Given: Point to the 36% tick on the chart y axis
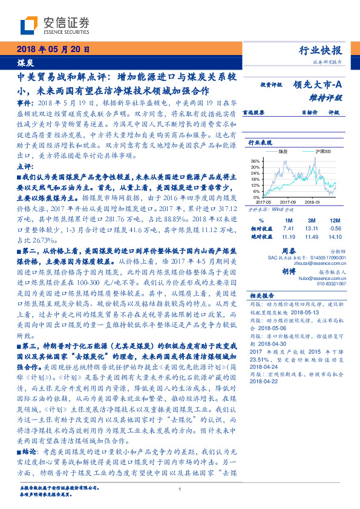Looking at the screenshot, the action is coord(255,161).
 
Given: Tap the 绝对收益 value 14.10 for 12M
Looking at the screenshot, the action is coord(334,238).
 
